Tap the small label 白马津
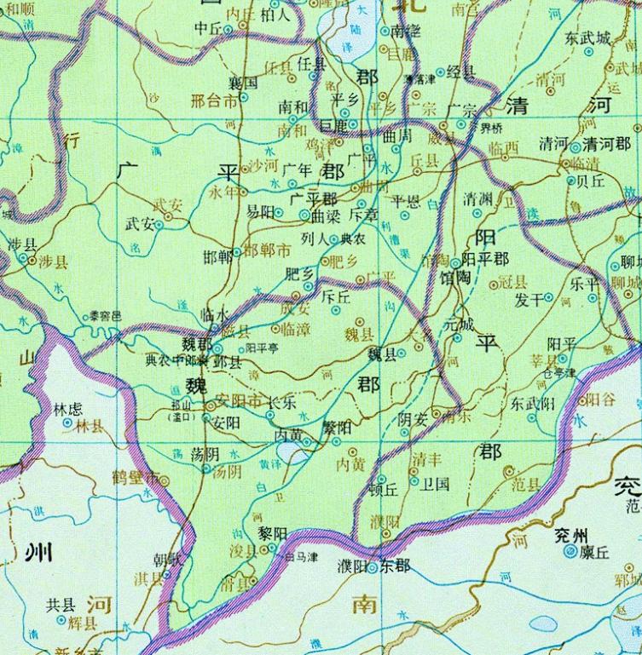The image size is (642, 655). tap(301, 557)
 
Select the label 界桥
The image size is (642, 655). tap(492, 129)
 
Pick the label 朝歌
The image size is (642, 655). tap(167, 560)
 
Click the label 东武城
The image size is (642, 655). tap(587, 37)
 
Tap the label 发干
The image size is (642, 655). tap(529, 299)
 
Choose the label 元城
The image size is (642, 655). tap(459, 324)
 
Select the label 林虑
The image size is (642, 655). tap(68, 410)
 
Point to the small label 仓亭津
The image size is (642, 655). tap(559, 371)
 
